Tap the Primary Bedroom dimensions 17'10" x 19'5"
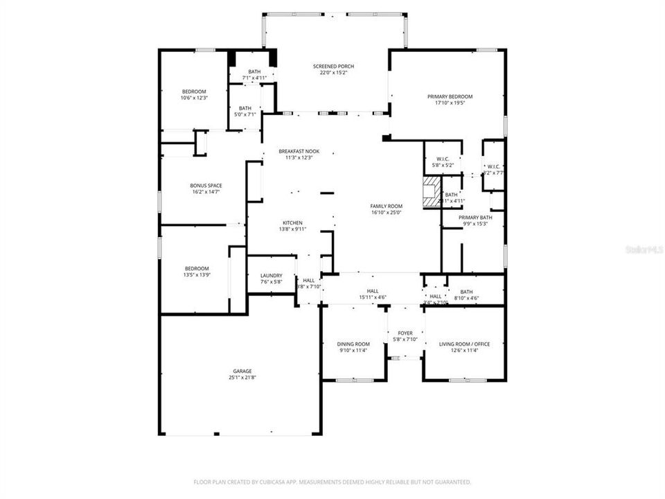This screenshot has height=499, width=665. pyautogui.click(x=449, y=103)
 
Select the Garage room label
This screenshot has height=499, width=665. pyautogui.click(x=242, y=371)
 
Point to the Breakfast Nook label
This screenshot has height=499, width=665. pyautogui.click(x=299, y=151)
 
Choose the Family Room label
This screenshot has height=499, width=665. pyautogui.click(x=387, y=206)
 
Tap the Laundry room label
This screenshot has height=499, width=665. pyautogui.click(x=271, y=275)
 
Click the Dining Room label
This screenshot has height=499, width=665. pyautogui.click(x=353, y=344)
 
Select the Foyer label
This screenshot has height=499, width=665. pyautogui.click(x=405, y=333)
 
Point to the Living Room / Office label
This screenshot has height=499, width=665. pyautogui.click(x=464, y=344)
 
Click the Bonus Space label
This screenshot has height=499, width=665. pyautogui.click(x=206, y=186)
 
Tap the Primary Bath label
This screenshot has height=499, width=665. pyautogui.click(x=475, y=217)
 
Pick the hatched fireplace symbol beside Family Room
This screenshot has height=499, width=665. pyautogui.click(x=432, y=192)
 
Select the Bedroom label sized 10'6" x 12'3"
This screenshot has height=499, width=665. pyautogui.click(x=194, y=91)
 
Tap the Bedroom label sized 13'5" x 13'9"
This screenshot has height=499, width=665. pyautogui.click(x=196, y=268)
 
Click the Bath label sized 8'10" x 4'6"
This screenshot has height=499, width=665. pyautogui.click(x=466, y=292)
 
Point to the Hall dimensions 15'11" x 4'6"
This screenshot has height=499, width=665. pyautogui.click(x=373, y=297)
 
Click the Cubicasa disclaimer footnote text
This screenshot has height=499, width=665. pyautogui.click(x=332, y=481)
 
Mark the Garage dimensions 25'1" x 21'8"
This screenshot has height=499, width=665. pyautogui.click(x=242, y=377)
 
